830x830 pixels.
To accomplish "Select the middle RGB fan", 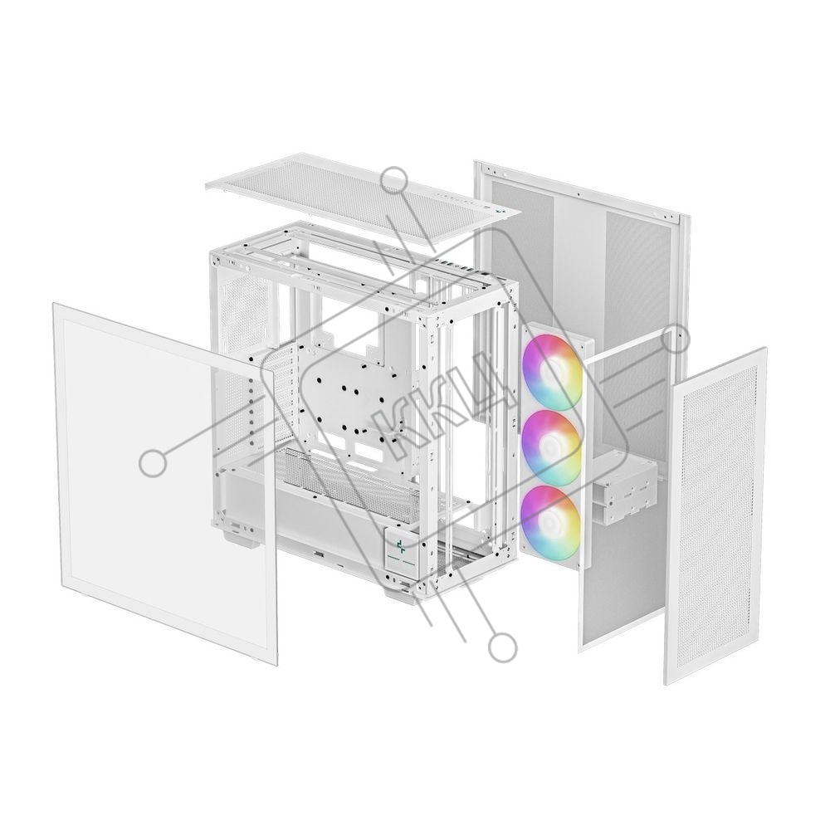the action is click(x=552, y=447).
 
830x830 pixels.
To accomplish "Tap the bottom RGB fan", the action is click(x=551, y=522).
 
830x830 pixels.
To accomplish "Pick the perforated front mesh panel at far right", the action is click(x=715, y=516).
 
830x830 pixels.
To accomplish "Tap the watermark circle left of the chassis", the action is click(x=153, y=464).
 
